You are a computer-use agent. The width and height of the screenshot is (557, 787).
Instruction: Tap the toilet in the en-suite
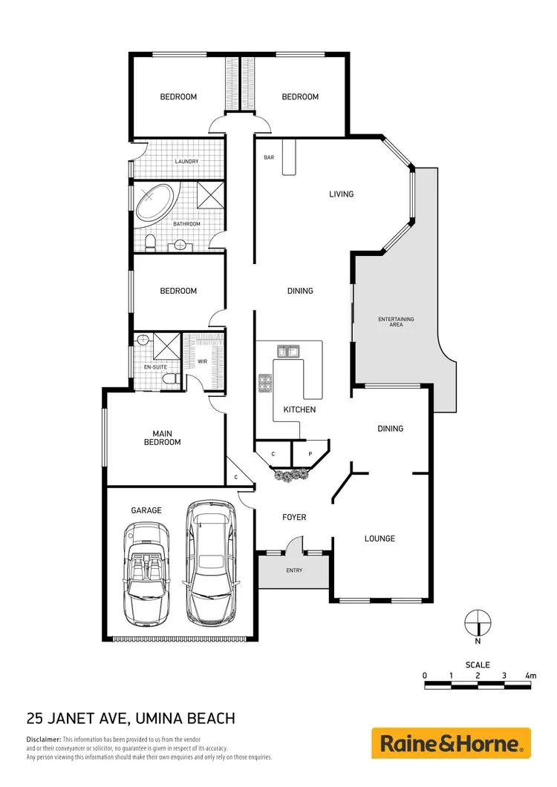(x=170, y=380)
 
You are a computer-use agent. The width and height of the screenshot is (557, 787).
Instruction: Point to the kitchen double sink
(x=287, y=351)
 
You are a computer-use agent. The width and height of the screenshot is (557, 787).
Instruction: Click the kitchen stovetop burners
(x=265, y=383)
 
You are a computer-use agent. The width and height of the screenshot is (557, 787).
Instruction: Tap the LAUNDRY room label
(x=186, y=162)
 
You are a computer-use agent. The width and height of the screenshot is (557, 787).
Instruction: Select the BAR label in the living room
(x=270, y=158)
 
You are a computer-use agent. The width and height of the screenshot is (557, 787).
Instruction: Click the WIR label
(x=202, y=362)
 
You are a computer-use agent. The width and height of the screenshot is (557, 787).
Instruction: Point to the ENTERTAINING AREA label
(x=396, y=322)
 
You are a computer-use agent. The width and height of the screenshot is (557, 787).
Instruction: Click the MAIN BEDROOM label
(x=166, y=438)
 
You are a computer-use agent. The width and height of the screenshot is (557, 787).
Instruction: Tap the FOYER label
(x=295, y=517)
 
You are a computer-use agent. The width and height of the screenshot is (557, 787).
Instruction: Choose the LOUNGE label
(x=380, y=539)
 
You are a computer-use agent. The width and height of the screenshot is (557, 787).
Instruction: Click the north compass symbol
(x=478, y=621)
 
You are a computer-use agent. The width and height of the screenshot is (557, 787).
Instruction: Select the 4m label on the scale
(x=530, y=676)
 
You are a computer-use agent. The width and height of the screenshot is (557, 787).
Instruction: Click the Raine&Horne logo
(x=451, y=742)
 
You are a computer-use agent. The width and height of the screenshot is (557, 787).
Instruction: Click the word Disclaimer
(x=43, y=740)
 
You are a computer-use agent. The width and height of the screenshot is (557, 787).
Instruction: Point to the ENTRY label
(x=295, y=570)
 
